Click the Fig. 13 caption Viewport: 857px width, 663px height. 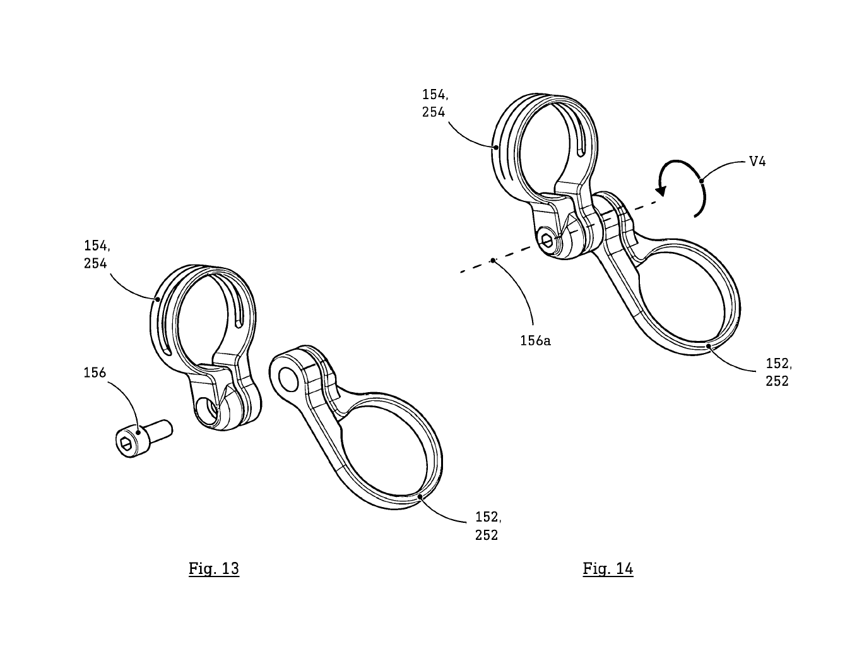click(x=214, y=568)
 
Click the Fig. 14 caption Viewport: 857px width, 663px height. click(x=608, y=568)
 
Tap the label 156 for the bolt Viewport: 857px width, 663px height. click(x=95, y=373)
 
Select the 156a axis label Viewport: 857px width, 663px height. click(x=535, y=340)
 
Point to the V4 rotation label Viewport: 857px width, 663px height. click(x=757, y=161)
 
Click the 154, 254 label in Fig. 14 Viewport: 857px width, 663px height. click(x=435, y=104)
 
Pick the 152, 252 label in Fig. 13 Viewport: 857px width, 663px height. click(x=488, y=526)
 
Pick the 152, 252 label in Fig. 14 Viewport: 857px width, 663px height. click(x=778, y=372)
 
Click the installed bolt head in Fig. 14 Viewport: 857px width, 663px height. click(x=548, y=241)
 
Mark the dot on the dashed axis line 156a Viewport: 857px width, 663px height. click(x=493, y=259)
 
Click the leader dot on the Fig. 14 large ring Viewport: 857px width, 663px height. click(x=709, y=345)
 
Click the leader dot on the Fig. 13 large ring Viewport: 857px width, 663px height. click(x=421, y=497)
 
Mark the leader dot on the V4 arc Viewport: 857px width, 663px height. click(x=701, y=181)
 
